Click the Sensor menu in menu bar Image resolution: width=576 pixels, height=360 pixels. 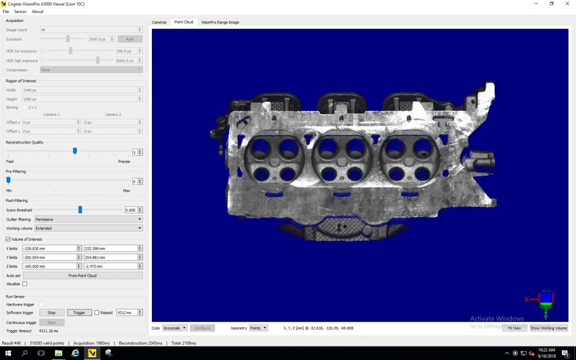coord(20,12)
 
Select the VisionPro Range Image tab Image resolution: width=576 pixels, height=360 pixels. coord(220,22)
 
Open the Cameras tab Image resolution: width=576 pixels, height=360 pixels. coord(159,22)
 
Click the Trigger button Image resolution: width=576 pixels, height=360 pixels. coord(79,313)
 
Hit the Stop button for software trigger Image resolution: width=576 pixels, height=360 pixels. coord(51,313)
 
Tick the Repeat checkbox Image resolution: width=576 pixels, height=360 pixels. coord(97,313)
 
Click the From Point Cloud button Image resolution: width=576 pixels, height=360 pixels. coord(82,276)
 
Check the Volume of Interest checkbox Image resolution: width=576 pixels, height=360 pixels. coord(8,239)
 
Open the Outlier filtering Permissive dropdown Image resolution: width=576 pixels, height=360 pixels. coord(88,219)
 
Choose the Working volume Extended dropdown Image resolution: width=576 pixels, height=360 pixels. coord(88,228)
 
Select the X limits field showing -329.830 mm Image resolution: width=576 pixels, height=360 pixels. coord(49,248)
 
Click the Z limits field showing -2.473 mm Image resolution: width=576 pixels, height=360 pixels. coord(110,266)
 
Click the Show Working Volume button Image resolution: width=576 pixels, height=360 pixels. coord(548,328)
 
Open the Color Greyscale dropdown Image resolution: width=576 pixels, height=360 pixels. coord(174,328)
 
